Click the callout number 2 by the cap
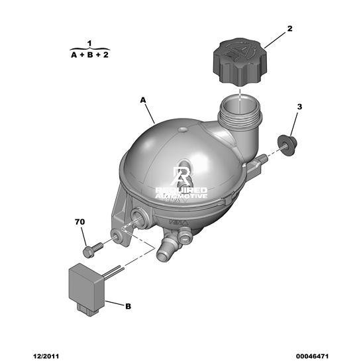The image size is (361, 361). pos(289,28)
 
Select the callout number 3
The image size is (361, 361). pos(299,107)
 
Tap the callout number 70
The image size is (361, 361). pos(79,222)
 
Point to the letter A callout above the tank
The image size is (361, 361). pos(143,100)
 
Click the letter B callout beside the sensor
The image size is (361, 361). pos(128,306)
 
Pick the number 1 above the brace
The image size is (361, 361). pos(89,43)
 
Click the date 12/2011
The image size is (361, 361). pos(46,356)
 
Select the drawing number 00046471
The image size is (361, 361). pos(312,356)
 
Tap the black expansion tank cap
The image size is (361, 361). pos(240,61)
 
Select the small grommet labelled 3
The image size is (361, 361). pos(287,145)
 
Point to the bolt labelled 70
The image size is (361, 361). pos(93,250)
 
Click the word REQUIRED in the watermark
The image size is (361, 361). pos(181,190)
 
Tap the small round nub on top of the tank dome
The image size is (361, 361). pos(183,130)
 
